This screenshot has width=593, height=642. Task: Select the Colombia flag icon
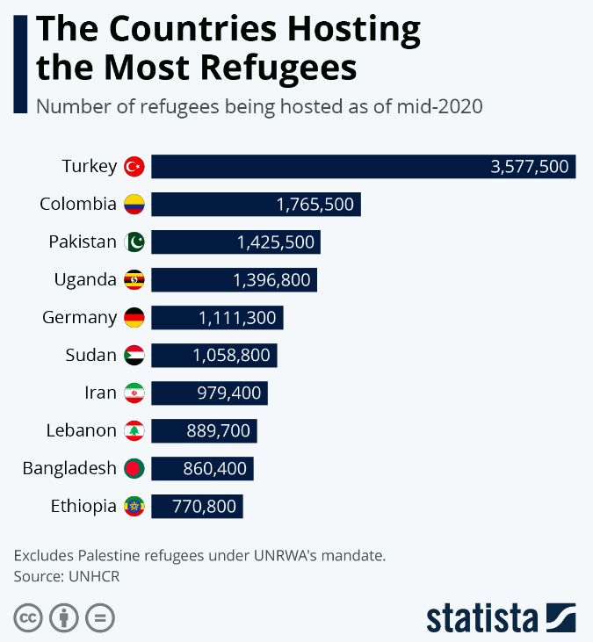pyautogui.click(x=134, y=205)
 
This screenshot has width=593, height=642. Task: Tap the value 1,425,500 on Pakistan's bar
pyautogui.click(x=275, y=242)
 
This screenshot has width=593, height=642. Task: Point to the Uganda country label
pyautogui.click(x=84, y=280)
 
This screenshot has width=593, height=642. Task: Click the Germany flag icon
pyautogui.click(x=134, y=318)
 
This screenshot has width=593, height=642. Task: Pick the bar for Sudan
pyautogui.click(x=213, y=356)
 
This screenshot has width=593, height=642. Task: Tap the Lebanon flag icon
pyautogui.click(x=134, y=431)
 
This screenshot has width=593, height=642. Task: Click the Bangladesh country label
pyautogui.click(x=69, y=468)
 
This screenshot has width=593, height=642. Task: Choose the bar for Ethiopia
pyautogui.click(x=197, y=507)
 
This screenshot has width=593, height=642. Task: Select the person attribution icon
pyautogui.click(x=64, y=617)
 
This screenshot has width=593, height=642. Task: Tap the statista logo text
pyautogui.click(x=483, y=617)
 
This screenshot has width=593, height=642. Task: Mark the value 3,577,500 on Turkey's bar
pyautogui.click(x=530, y=166)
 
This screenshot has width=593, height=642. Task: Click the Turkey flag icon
pyautogui.click(x=134, y=166)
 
